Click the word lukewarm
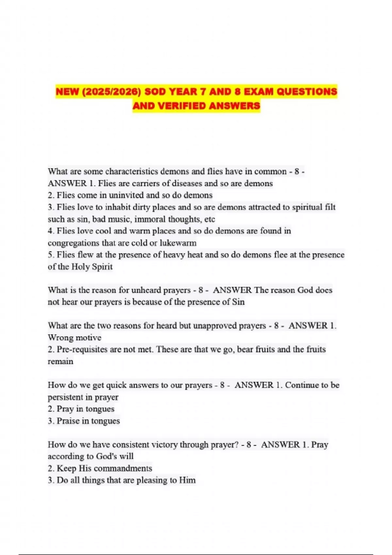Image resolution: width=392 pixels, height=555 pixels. tap(178, 243)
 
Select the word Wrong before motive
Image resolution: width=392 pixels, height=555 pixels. tap(60, 338)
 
